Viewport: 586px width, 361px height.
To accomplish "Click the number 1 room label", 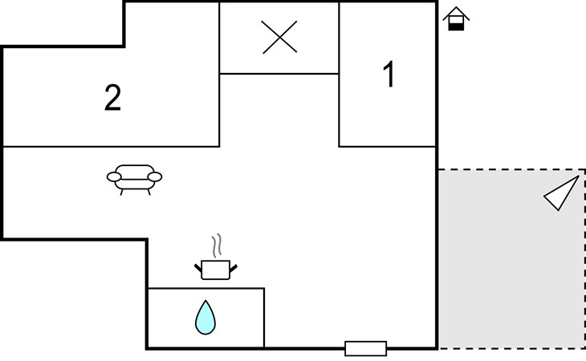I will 389,75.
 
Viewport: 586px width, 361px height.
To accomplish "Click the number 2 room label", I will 113,98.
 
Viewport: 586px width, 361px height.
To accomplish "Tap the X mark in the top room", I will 279,38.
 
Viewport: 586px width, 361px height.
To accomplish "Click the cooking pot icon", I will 215,268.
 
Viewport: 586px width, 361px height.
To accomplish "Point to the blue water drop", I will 206,318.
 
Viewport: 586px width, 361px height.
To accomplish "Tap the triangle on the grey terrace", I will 562,193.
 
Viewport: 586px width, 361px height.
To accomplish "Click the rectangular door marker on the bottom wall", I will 365,348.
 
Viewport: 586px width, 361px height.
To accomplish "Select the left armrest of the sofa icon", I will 113,176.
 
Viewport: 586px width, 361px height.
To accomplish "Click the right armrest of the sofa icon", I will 155,176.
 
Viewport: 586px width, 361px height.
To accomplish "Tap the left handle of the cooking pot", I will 198,264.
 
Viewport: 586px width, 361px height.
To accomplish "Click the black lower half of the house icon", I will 456,26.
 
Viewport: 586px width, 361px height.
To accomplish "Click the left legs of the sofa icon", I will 121,191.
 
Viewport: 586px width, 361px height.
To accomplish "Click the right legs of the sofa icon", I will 147,191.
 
